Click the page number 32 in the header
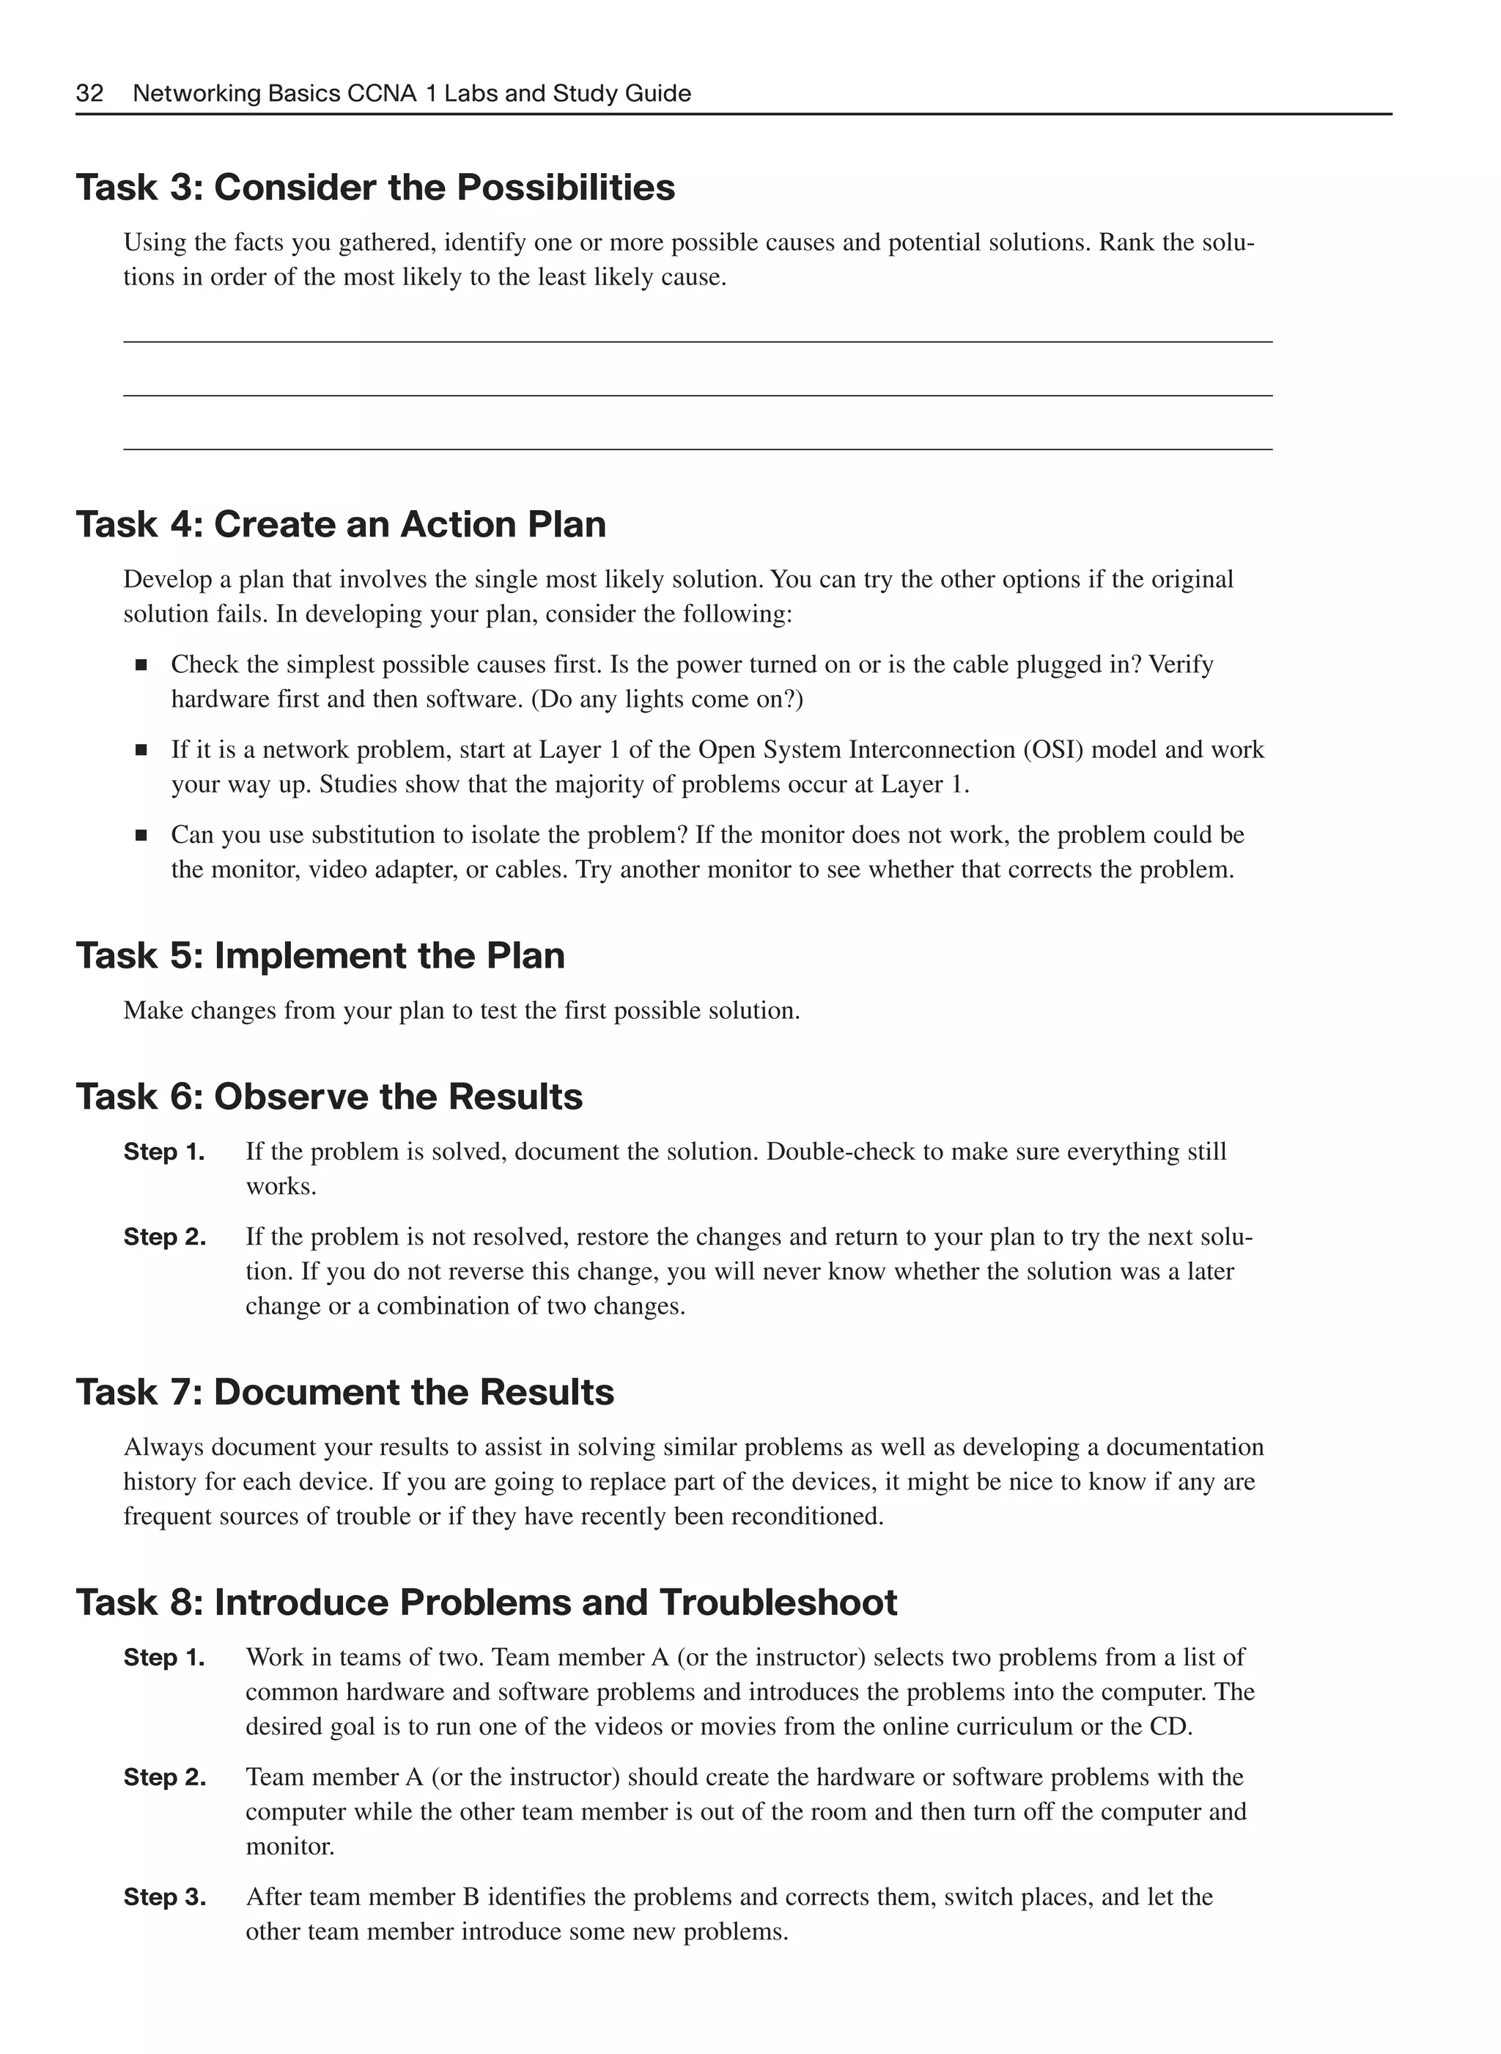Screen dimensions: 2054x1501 point(89,94)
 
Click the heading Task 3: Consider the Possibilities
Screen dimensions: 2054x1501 point(375,188)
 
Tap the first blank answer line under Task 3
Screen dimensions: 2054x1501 point(697,341)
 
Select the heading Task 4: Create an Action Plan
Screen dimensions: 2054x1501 point(341,526)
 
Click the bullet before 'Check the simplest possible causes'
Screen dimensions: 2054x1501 point(141,666)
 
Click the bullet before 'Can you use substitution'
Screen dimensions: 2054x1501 point(141,835)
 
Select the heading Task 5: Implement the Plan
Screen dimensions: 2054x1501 point(320,956)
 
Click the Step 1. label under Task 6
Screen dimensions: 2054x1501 point(163,1152)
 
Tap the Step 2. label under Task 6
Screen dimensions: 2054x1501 point(164,1238)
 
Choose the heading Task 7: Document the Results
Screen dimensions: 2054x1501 point(344,1392)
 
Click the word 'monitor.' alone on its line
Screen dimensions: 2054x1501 point(289,1847)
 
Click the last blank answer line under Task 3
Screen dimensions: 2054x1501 point(697,448)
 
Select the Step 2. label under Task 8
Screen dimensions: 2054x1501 point(164,1778)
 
